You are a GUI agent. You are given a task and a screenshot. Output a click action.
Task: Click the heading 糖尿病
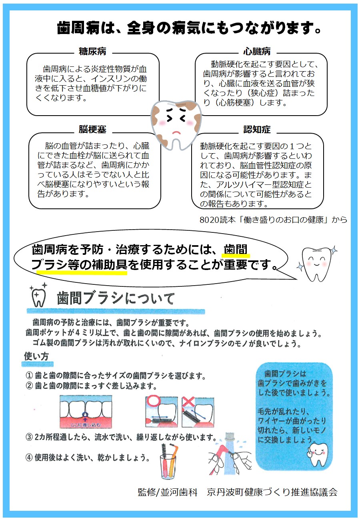(x=92, y=51)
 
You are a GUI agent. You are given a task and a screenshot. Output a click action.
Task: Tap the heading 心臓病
(x=257, y=51)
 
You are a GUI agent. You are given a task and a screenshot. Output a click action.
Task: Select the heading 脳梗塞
(x=92, y=129)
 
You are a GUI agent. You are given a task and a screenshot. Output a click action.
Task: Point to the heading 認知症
(x=257, y=129)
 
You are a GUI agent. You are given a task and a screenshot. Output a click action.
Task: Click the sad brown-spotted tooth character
(x=176, y=124)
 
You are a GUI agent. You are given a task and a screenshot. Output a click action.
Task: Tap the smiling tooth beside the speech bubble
(x=317, y=264)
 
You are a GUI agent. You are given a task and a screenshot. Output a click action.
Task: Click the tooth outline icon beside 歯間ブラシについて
(x=38, y=295)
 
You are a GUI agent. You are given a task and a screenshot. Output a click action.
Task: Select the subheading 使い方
(x=36, y=356)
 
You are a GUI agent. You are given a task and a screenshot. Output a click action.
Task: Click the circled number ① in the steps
(x=29, y=375)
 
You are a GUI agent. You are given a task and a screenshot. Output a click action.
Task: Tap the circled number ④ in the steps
(x=29, y=457)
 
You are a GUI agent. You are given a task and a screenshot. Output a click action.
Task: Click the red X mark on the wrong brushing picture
(x=188, y=402)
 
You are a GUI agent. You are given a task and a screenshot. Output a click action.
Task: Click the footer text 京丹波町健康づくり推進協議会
(x=272, y=492)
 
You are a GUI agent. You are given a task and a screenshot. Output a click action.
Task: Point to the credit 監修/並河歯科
(x=167, y=492)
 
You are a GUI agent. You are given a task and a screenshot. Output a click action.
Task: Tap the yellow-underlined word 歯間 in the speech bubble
(x=235, y=250)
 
